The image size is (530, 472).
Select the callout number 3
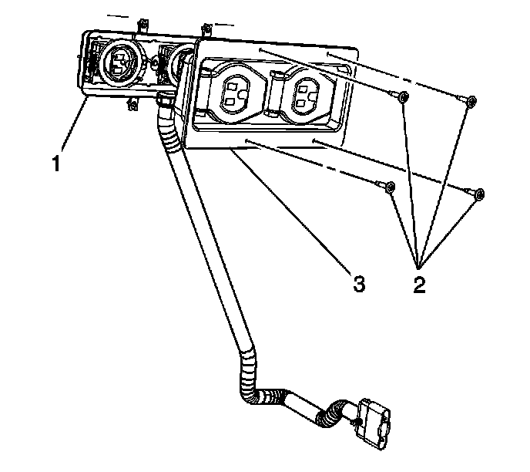point(357,284)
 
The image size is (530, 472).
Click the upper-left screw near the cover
point(401,96)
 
